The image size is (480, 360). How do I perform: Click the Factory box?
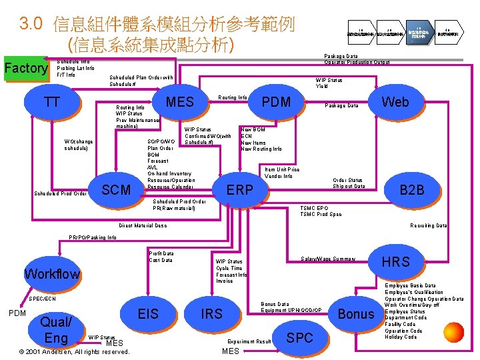tap(25, 69)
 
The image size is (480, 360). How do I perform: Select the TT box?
tap(51, 103)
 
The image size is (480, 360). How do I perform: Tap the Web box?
tap(395, 102)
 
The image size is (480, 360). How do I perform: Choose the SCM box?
tap(116, 189)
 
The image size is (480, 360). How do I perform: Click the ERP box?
tap(239, 189)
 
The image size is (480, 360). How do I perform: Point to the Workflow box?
tap(51, 273)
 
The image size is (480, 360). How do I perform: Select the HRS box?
tap(395, 262)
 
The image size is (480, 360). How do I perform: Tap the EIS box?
tap(148, 313)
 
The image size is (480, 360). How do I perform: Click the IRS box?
tap(211, 313)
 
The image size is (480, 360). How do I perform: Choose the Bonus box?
tap(357, 313)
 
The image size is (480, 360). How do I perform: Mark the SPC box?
tap(299, 337)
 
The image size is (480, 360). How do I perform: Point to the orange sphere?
tap(453, 332)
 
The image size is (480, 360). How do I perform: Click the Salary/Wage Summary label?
tap(328, 258)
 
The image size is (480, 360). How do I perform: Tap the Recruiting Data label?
tap(428, 225)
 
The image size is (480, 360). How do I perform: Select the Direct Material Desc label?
tap(143, 225)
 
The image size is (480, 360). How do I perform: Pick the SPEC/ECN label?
tap(41, 298)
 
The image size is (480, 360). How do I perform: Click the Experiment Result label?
tap(249, 341)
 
